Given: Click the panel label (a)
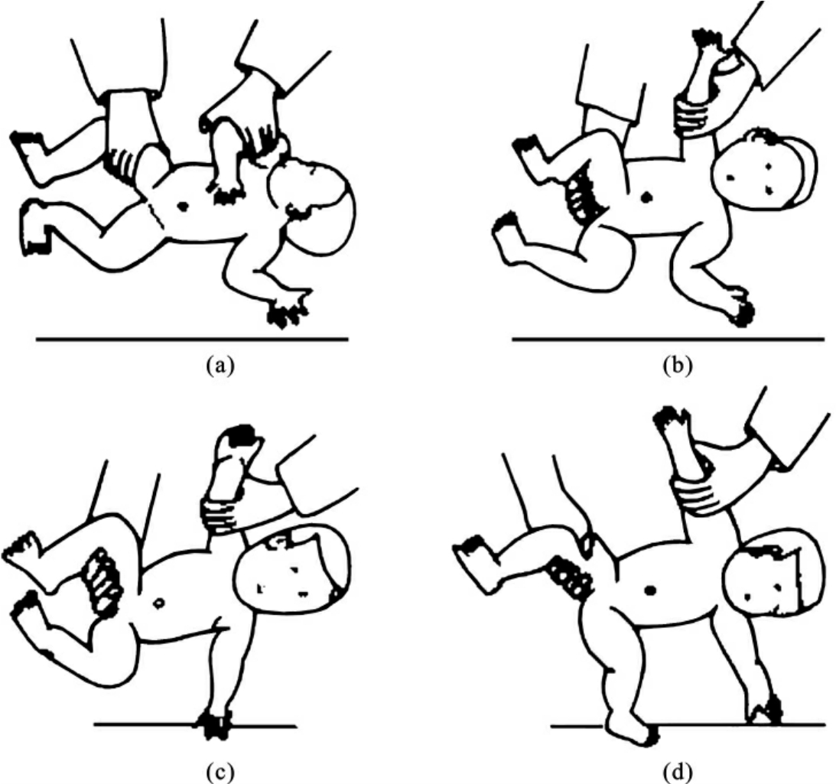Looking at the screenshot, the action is coord(220,366).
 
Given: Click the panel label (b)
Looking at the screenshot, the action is coord(677,366).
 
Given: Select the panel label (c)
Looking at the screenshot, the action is coord(220,772).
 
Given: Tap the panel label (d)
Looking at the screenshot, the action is coord(677,772).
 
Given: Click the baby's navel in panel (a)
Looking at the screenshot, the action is coord(184,205).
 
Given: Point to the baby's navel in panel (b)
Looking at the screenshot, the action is coord(647,197).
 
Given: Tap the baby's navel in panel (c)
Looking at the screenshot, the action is coord(158,603).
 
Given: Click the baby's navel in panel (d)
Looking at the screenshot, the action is coord(650,590).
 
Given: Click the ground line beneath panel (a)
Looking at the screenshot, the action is coord(192,339).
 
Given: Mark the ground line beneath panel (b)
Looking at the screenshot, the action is coord(668,339).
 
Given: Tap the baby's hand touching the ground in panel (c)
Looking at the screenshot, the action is coord(215,723).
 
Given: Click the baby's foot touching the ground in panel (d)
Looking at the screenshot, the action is coord(632,730).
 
